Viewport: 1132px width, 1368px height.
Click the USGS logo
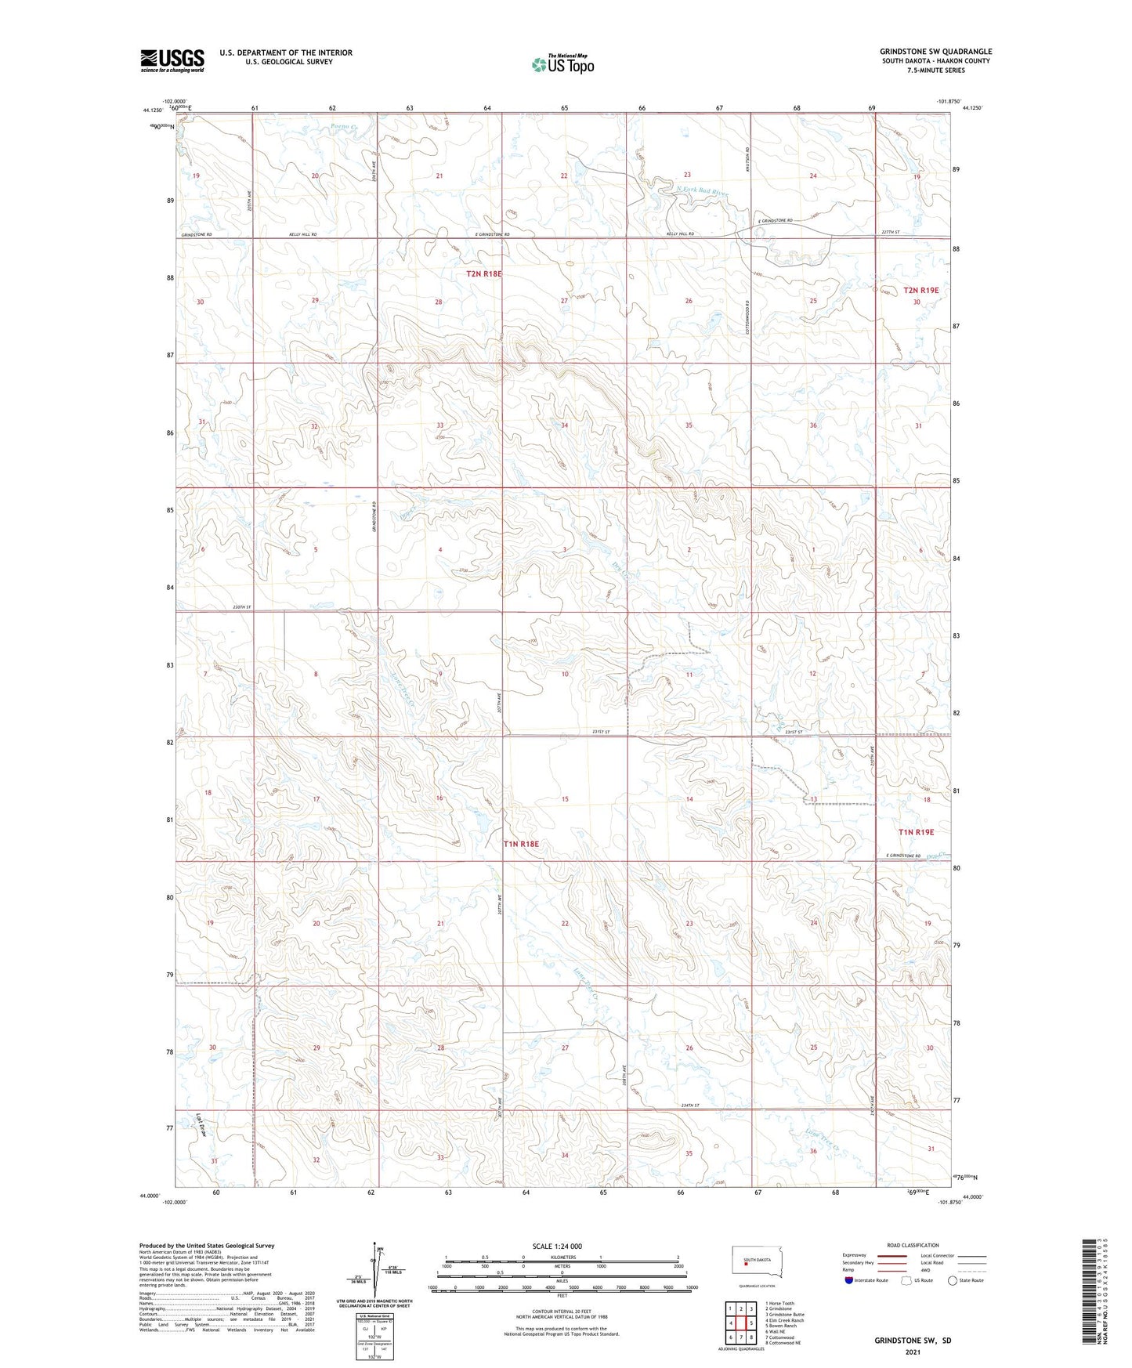pyautogui.click(x=172, y=60)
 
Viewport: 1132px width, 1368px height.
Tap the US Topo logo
pyautogui.click(x=562, y=64)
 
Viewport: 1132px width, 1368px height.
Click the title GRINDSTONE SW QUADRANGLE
pyautogui.click(x=935, y=52)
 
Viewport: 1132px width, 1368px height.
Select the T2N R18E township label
pyautogui.click(x=483, y=273)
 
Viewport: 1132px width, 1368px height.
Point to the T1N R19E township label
pyautogui.click(x=916, y=832)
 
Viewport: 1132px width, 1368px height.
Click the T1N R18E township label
pyautogui.click(x=521, y=844)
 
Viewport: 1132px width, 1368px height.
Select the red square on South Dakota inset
pyautogui.click(x=746, y=1263)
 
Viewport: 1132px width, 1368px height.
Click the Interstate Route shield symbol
pyautogui.click(x=850, y=1281)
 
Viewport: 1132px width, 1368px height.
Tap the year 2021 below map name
pyautogui.click(x=913, y=1352)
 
